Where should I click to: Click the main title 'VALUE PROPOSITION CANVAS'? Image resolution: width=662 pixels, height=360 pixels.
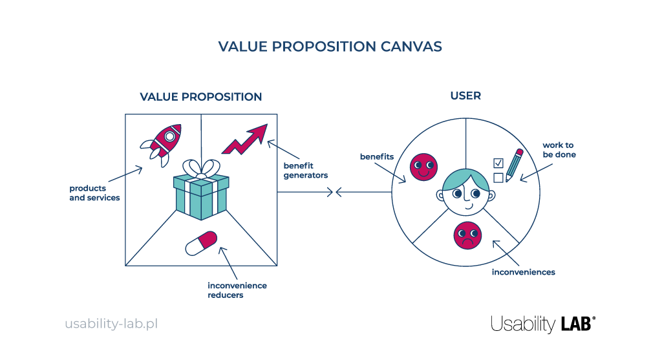point(330,47)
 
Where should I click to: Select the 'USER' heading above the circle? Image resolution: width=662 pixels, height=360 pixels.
point(465,96)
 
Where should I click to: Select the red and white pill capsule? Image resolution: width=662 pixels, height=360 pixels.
point(202,243)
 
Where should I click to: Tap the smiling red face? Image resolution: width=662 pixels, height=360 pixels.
point(423,167)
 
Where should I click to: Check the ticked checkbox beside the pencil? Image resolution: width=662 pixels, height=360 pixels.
point(498,162)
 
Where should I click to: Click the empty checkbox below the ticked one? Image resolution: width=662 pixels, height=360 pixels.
point(498,177)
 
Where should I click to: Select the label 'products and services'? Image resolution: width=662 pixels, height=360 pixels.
point(94,193)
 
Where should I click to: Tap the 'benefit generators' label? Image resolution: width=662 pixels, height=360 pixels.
point(306,171)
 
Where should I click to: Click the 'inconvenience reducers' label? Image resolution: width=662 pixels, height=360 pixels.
point(237,290)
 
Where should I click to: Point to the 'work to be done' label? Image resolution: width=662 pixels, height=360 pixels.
point(559,150)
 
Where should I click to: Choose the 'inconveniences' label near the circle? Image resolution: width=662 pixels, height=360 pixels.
point(523,272)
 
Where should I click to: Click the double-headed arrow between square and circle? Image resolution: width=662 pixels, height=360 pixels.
point(335,192)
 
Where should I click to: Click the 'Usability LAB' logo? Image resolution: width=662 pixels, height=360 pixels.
point(543,324)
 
